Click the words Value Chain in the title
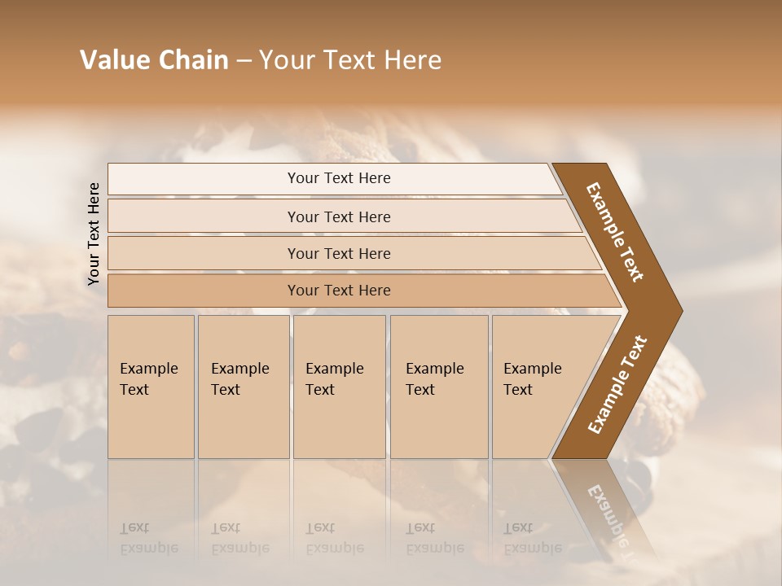(x=154, y=60)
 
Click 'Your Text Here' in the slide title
(x=350, y=60)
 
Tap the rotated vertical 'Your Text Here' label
(x=94, y=234)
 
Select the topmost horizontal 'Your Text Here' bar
(x=338, y=178)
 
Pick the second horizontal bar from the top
(x=338, y=216)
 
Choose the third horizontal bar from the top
(x=338, y=253)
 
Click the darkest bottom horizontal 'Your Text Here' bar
(x=338, y=291)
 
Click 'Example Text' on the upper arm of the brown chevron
(x=615, y=232)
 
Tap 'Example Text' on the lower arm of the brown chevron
(x=617, y=385)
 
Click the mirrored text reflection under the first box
(x=148, y=538)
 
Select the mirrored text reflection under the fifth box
(x=532, y=538)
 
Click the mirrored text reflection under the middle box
(x=334, y=538)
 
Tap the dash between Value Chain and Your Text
(x=244, y=61)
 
